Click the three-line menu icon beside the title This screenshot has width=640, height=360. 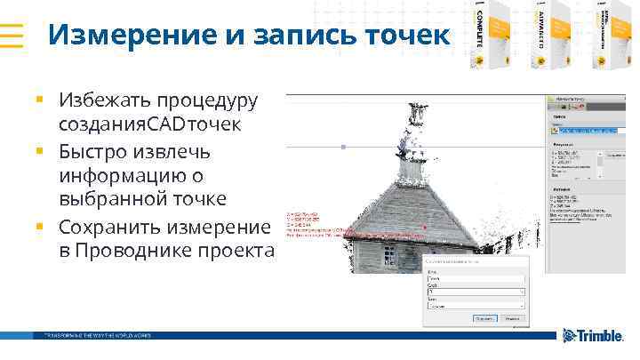coord(12,36)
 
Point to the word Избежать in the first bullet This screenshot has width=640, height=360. coord(101,100)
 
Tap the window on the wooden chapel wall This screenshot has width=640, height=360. coord(391,256)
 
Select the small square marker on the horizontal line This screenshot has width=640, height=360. coord(344,147)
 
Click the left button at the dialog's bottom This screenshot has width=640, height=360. coord(484,315)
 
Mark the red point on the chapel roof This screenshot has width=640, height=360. coord(425,228)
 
